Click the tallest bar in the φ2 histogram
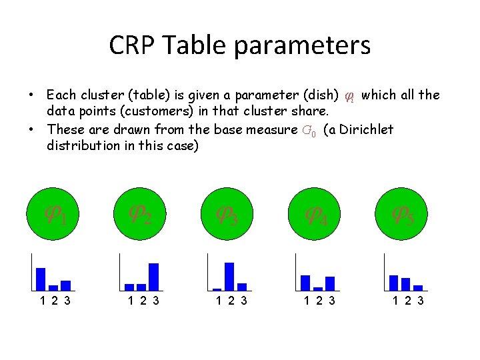click(x=153, y=277)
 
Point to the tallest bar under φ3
click(x=229, y=276)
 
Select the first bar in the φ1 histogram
click(x=41, y=279)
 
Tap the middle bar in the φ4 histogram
click(x=318, y=289)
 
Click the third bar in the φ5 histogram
click(x=418, y=288)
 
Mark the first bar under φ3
click(x=217, y=289)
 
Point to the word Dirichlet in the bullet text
click(x=366, y=129)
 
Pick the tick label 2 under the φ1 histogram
click(x=53, y=301)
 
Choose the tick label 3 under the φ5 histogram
click(x=420, y=301)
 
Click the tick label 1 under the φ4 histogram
click(x=306, y=301)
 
